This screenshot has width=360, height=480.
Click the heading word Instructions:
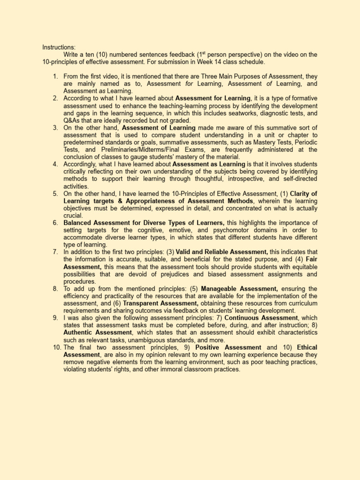(x=59, y=47)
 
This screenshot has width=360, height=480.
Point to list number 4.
(x=55, y=164)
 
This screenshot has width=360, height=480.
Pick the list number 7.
(x=55, y=252)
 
